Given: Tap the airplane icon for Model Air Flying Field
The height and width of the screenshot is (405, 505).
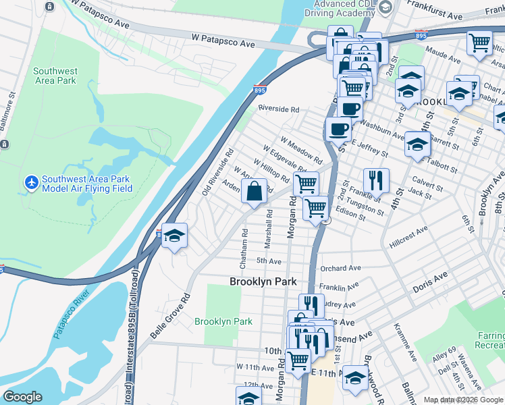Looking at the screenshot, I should pyautogui.click(x=31, y=182).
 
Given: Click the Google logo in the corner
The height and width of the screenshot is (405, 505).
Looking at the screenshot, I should pyautogui.click(x=22, y=397).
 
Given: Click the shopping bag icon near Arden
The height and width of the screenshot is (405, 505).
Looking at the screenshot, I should pyautogui.click(x=254, y=194).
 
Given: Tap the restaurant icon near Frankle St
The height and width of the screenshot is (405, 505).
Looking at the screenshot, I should pyautogui.click(x=376, y=180).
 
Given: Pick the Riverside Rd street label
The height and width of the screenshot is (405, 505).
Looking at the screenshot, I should pyautogui.click(x=278, y=109).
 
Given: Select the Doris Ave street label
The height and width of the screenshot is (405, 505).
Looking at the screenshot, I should pyautogui.click(x=430, y=277).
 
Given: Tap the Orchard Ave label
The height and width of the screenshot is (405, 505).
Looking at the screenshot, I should pyautogui.click(x=338, y=267).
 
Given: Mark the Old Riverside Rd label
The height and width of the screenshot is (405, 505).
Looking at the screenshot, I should pyautogui.click(x=218, y=173).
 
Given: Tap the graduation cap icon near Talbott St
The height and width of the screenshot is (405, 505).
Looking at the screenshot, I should pyautogui.click(x=417, y=144).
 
